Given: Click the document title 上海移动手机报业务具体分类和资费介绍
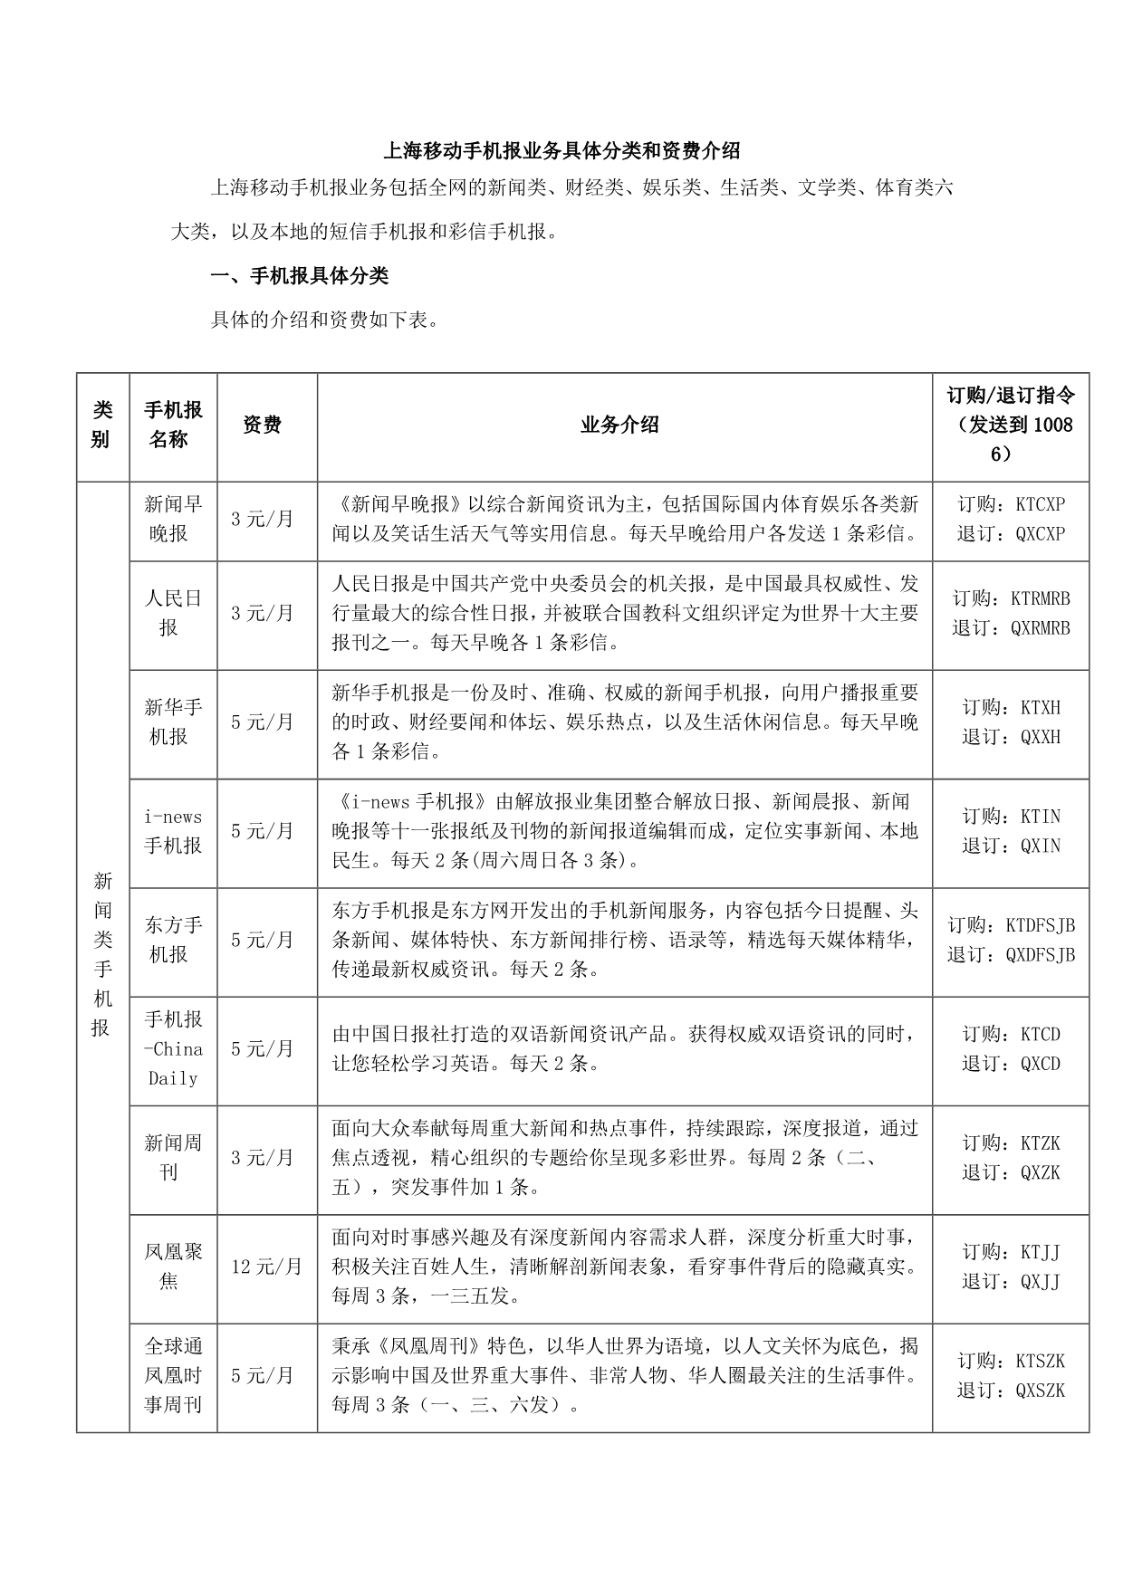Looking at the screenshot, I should (x=561, y=149).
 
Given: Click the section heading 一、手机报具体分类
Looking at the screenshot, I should (x=299, y=275).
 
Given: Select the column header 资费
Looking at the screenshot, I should (x=263, y=425).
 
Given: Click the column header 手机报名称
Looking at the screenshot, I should (x=173, y=425).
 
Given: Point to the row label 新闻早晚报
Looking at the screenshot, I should (x=173, y=519).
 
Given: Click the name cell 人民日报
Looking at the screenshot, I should (x=173, y=613).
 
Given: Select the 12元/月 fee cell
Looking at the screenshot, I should (x=266, y=1267).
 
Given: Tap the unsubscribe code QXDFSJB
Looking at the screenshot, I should (x=1041, y=955).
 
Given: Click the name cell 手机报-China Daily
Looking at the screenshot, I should (x=173, y=1048).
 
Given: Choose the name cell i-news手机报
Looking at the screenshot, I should (x=173, y=831).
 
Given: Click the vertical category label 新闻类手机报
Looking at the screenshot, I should (x=102, y=954).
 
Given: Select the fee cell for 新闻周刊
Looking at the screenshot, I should (x=263, y=1158).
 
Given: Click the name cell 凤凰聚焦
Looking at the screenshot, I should (x=173, y=1267).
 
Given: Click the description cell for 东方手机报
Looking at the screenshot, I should (x=624, y=940).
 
